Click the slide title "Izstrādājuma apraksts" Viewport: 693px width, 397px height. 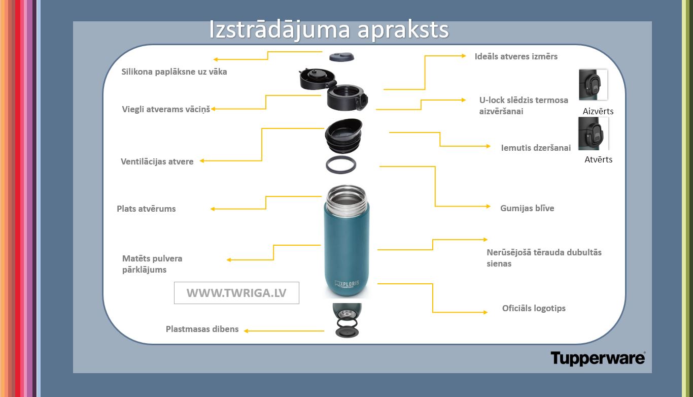[329, 30]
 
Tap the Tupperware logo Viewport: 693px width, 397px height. [598, 358]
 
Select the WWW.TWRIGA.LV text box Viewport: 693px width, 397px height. [236, 293]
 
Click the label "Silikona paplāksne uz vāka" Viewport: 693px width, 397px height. [174, 72]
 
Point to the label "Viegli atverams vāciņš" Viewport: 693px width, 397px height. [166, 109]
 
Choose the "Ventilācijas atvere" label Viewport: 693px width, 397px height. [157, 162]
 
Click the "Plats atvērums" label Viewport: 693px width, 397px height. [146, 209]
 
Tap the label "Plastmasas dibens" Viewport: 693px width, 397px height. [202, 329]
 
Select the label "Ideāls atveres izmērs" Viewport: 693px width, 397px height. [516, 56]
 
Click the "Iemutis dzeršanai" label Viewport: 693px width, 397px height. [536, 148]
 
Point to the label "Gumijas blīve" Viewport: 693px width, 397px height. [527, 208]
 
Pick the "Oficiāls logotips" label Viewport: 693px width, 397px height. [534, 308]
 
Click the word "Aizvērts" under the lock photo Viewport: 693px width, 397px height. [598, 111]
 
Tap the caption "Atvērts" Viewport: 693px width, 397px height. [598, 159]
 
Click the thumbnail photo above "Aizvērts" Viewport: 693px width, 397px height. [593, 85]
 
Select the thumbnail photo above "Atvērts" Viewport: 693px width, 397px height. [593, 133]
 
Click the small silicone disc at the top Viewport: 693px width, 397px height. [341, 57]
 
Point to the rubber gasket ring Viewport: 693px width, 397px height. [340, 166]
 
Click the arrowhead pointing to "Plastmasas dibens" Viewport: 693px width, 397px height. [247, 331]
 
